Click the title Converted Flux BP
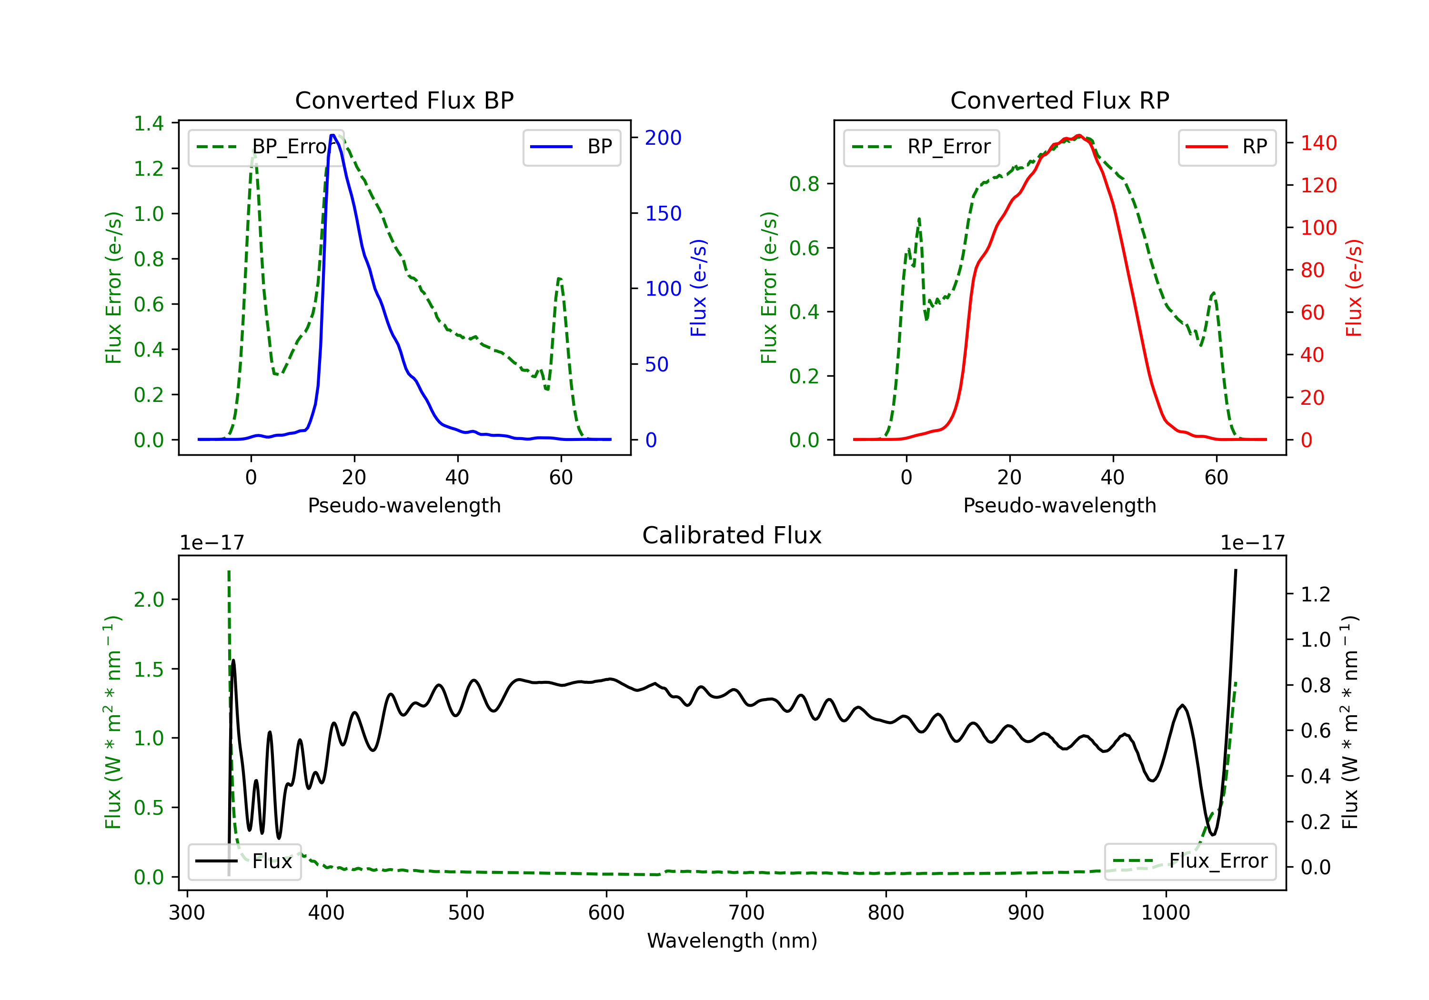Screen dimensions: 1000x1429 [x=404, y=100]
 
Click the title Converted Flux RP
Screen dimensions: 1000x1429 [x=1059, y=100]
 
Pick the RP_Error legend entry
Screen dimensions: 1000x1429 [x=922, y=147]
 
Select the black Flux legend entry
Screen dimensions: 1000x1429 [x=245, y=861]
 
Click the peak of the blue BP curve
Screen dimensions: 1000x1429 [x=333, y=135]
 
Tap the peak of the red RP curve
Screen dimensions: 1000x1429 [x=1079, y=136]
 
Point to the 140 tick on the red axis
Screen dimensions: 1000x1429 [x=1318, y=143]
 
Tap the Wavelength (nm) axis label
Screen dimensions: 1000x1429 [x=732, y=940]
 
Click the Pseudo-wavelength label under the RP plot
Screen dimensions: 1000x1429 [x=1059, y=505]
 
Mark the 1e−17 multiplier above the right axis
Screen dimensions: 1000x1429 [x=1252, y=543]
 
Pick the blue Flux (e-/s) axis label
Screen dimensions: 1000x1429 [x=698, y=288]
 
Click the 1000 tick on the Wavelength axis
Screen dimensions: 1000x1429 [x=1165, y=913]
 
